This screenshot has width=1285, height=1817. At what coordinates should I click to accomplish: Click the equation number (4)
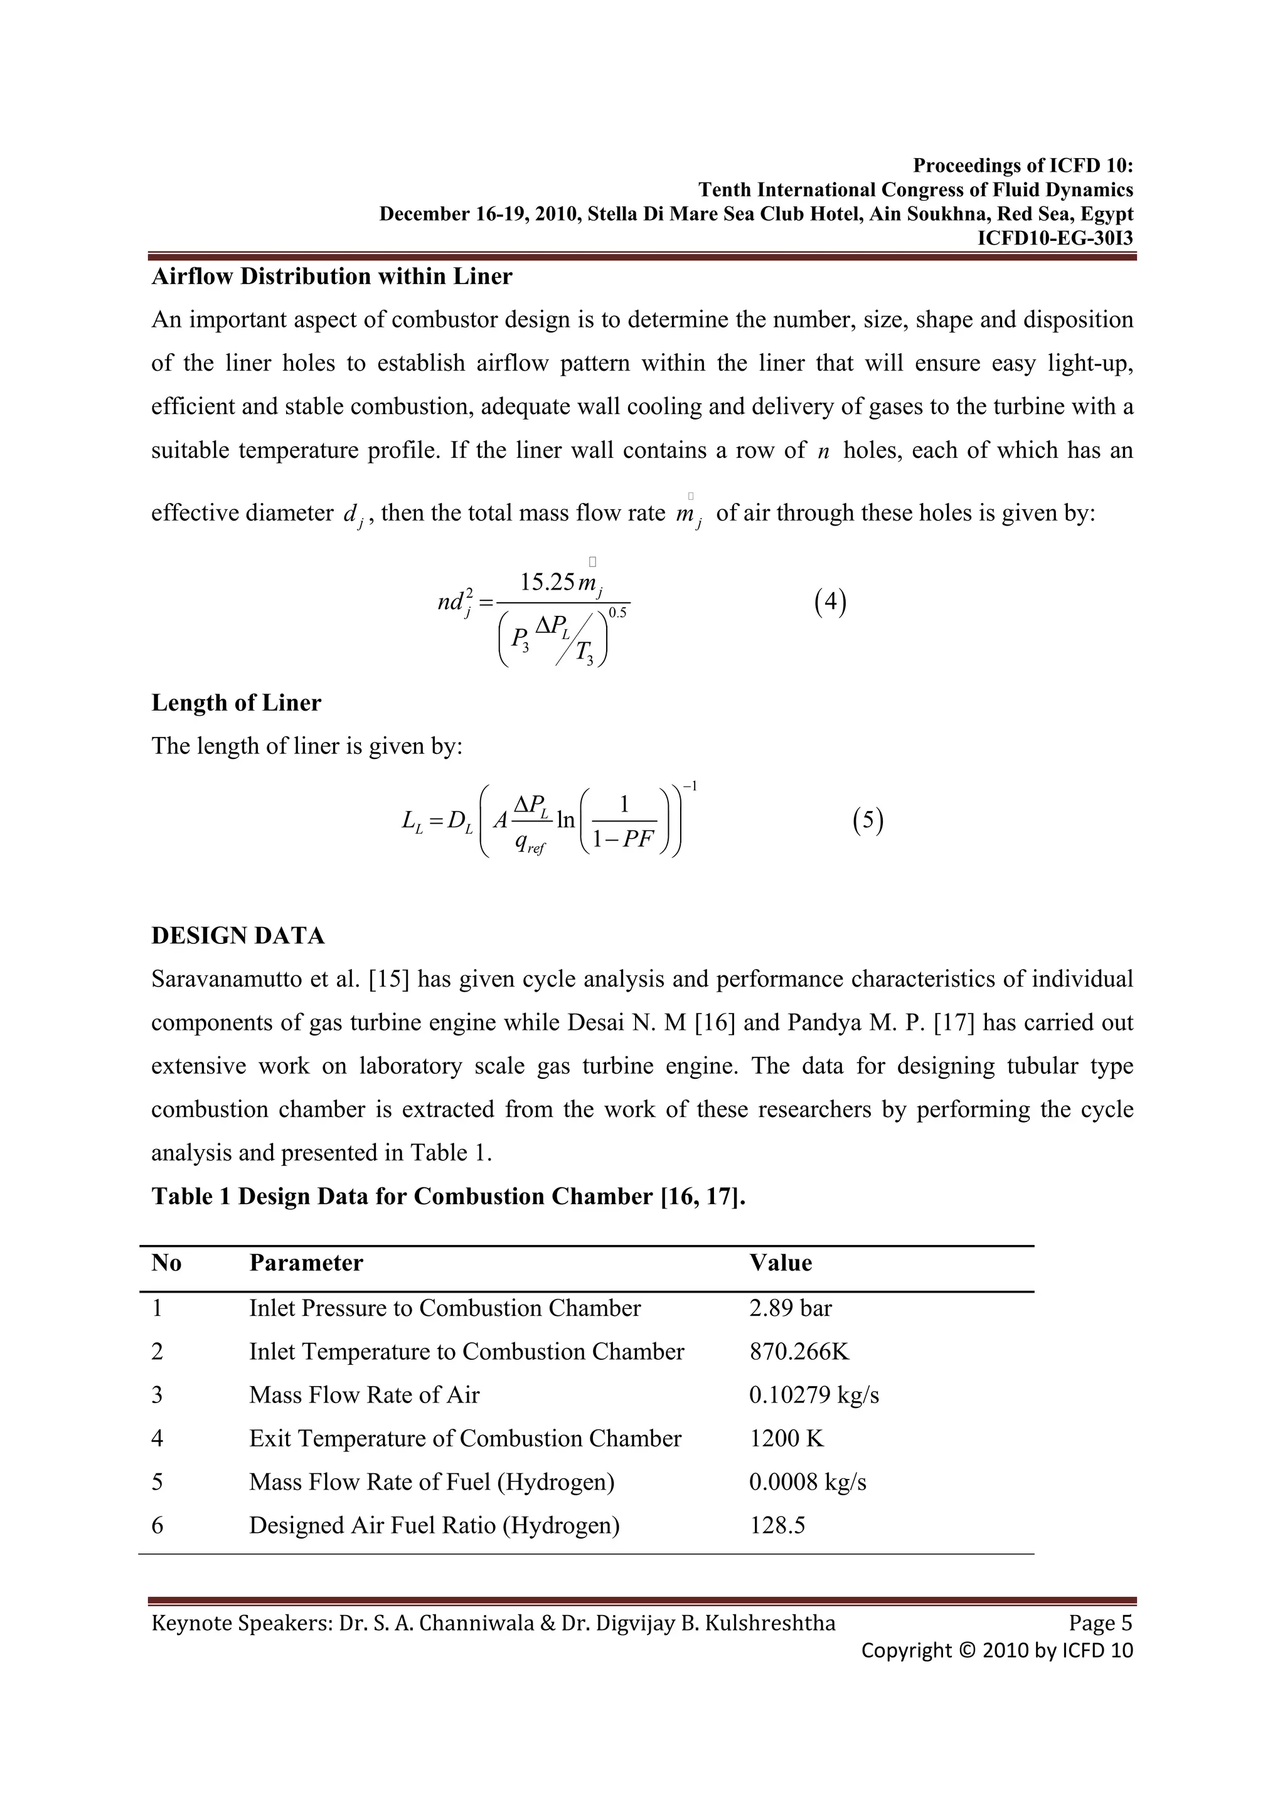(x=829, y=602)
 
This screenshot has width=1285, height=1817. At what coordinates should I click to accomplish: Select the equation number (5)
(x=868, y=820)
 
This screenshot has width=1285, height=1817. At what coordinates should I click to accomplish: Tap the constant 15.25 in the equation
(x=547, y=583)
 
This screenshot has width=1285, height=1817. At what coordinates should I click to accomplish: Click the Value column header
(x=780, y=1263)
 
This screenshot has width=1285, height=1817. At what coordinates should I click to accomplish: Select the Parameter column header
(x=306, y=1263)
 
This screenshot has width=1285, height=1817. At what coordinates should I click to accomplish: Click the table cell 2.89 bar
(x=790, y=1308)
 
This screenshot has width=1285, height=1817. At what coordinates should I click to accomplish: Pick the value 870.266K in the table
(x=798, y=1352)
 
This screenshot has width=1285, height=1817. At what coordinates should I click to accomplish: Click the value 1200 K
(x=786, y=1439)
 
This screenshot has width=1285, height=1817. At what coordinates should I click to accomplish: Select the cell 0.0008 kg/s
(x=807, y=1482)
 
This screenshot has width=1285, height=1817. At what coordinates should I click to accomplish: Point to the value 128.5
(x=777, y=1526)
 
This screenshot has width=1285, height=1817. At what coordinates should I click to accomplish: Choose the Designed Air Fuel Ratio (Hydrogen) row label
(x=434, y=1526)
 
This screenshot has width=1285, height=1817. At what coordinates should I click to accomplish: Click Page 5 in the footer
(x=1100, y=1623)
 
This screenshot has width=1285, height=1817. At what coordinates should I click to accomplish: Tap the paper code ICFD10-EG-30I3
(x=1055, y=238)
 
